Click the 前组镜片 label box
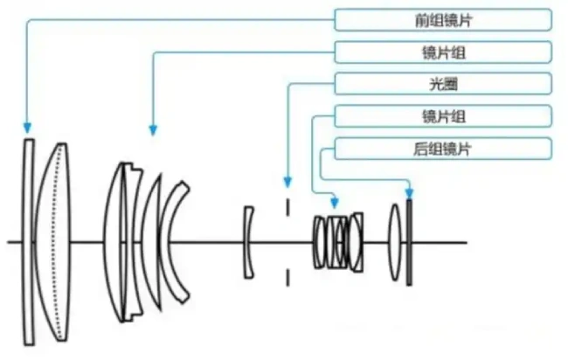pos(443,20)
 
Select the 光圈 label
pos(443,84)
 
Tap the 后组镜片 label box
pos(443,149)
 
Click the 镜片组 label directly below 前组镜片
pos(443,52)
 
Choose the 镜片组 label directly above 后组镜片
pos(443,116)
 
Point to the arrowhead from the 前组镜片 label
pos(27,128)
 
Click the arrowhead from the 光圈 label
pos(287,182)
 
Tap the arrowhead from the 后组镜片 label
pos(409,193)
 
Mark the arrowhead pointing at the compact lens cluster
pos(335,203)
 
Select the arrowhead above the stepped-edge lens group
pos(153,130)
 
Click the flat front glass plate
pos(29,242)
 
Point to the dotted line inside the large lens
pos(55,242)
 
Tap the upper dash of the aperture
pos(288,207)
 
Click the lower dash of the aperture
pos(288,277)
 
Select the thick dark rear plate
pos(409,242)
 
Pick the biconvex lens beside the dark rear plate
pos(395,242)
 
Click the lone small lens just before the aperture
pos(248,242)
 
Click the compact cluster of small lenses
pos(338,242)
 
